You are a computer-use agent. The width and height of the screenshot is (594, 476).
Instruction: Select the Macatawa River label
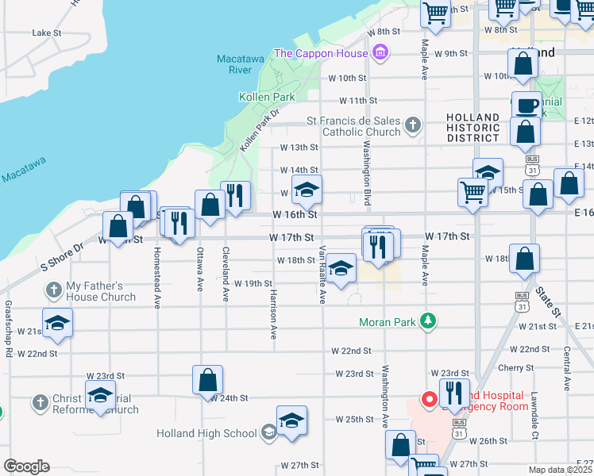coord(234,64)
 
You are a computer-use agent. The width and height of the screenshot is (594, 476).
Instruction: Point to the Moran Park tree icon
coord(429,321)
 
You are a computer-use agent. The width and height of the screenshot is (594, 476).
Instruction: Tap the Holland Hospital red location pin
coord(429,399)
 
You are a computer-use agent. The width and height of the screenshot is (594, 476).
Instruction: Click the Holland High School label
coord(206,433)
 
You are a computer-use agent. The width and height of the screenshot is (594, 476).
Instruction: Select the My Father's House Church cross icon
coord(54,289)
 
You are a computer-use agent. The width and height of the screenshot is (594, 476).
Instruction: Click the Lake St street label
coord(47,33)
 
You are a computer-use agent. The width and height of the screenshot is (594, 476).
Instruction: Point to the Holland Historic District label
coord(473,128)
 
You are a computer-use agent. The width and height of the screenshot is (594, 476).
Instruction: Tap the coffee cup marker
coord(525,106)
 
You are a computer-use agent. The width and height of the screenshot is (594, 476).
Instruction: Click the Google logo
coord(26,466)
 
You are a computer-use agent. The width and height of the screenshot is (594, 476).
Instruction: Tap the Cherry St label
coord(515,367)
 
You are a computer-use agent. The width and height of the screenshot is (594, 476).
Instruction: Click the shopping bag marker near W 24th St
coord(207,381)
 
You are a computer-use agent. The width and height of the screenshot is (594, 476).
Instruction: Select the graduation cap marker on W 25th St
coord(291,420)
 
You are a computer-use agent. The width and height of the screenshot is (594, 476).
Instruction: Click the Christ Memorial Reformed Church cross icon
coord(40,403)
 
